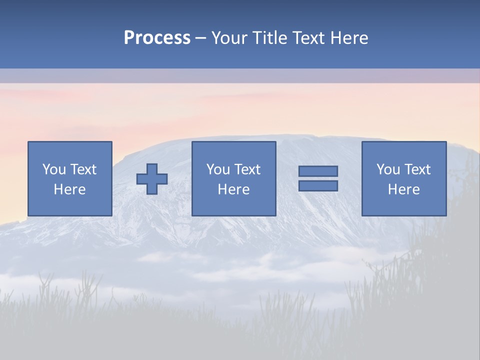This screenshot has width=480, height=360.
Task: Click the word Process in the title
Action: pyautogui.click(x=157, y=38)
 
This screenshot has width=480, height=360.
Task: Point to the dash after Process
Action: pyautogui.click(x=201, y=38)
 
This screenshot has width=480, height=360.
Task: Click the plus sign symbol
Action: pyautogui.click(x=152, y=179)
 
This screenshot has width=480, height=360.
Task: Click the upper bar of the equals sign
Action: pyautogui.click(x=318, y=171)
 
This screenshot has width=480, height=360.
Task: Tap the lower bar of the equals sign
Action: pyautogui.click(x=318, y=186)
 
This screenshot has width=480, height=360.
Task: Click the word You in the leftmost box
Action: pyautogui.click(x=54, y=169)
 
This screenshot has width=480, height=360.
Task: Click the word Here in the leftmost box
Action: pyautogui.click(x=69, y=189)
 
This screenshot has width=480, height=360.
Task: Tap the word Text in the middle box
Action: pyautogui.click(x=247, y=169)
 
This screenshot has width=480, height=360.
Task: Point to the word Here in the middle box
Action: pyautogui.click(x=233, y=189)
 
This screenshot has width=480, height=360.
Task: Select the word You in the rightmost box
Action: pyautogui.click(x=388, y=169)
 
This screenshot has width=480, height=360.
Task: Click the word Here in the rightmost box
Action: pyautogui.click(x=403, y=189)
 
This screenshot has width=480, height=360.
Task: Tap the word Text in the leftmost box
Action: pyautogui.click(x=83, y=169)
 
